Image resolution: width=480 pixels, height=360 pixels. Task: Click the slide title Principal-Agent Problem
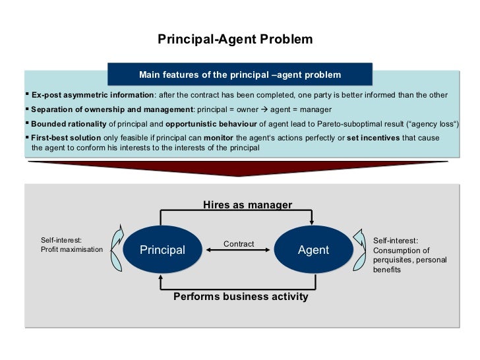point(235,40)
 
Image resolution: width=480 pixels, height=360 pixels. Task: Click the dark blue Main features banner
point(240,75)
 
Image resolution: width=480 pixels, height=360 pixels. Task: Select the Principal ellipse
point(162,251)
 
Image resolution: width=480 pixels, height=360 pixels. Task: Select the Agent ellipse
point(313,251)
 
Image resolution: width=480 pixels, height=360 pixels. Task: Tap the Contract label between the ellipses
point(239,244)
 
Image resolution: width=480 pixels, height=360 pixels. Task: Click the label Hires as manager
point(247,205)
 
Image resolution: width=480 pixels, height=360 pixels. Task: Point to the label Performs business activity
point(241,297)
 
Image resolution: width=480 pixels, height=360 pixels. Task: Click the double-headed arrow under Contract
point(239,251)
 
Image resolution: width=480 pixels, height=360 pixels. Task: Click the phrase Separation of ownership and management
point(111,109)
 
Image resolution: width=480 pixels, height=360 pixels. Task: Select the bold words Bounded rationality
point(69,124)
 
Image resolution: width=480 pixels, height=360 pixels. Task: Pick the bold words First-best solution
point(66,138)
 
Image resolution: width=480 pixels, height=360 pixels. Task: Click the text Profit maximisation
point(72,250)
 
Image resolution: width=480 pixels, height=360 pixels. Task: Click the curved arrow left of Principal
point(117,249)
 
